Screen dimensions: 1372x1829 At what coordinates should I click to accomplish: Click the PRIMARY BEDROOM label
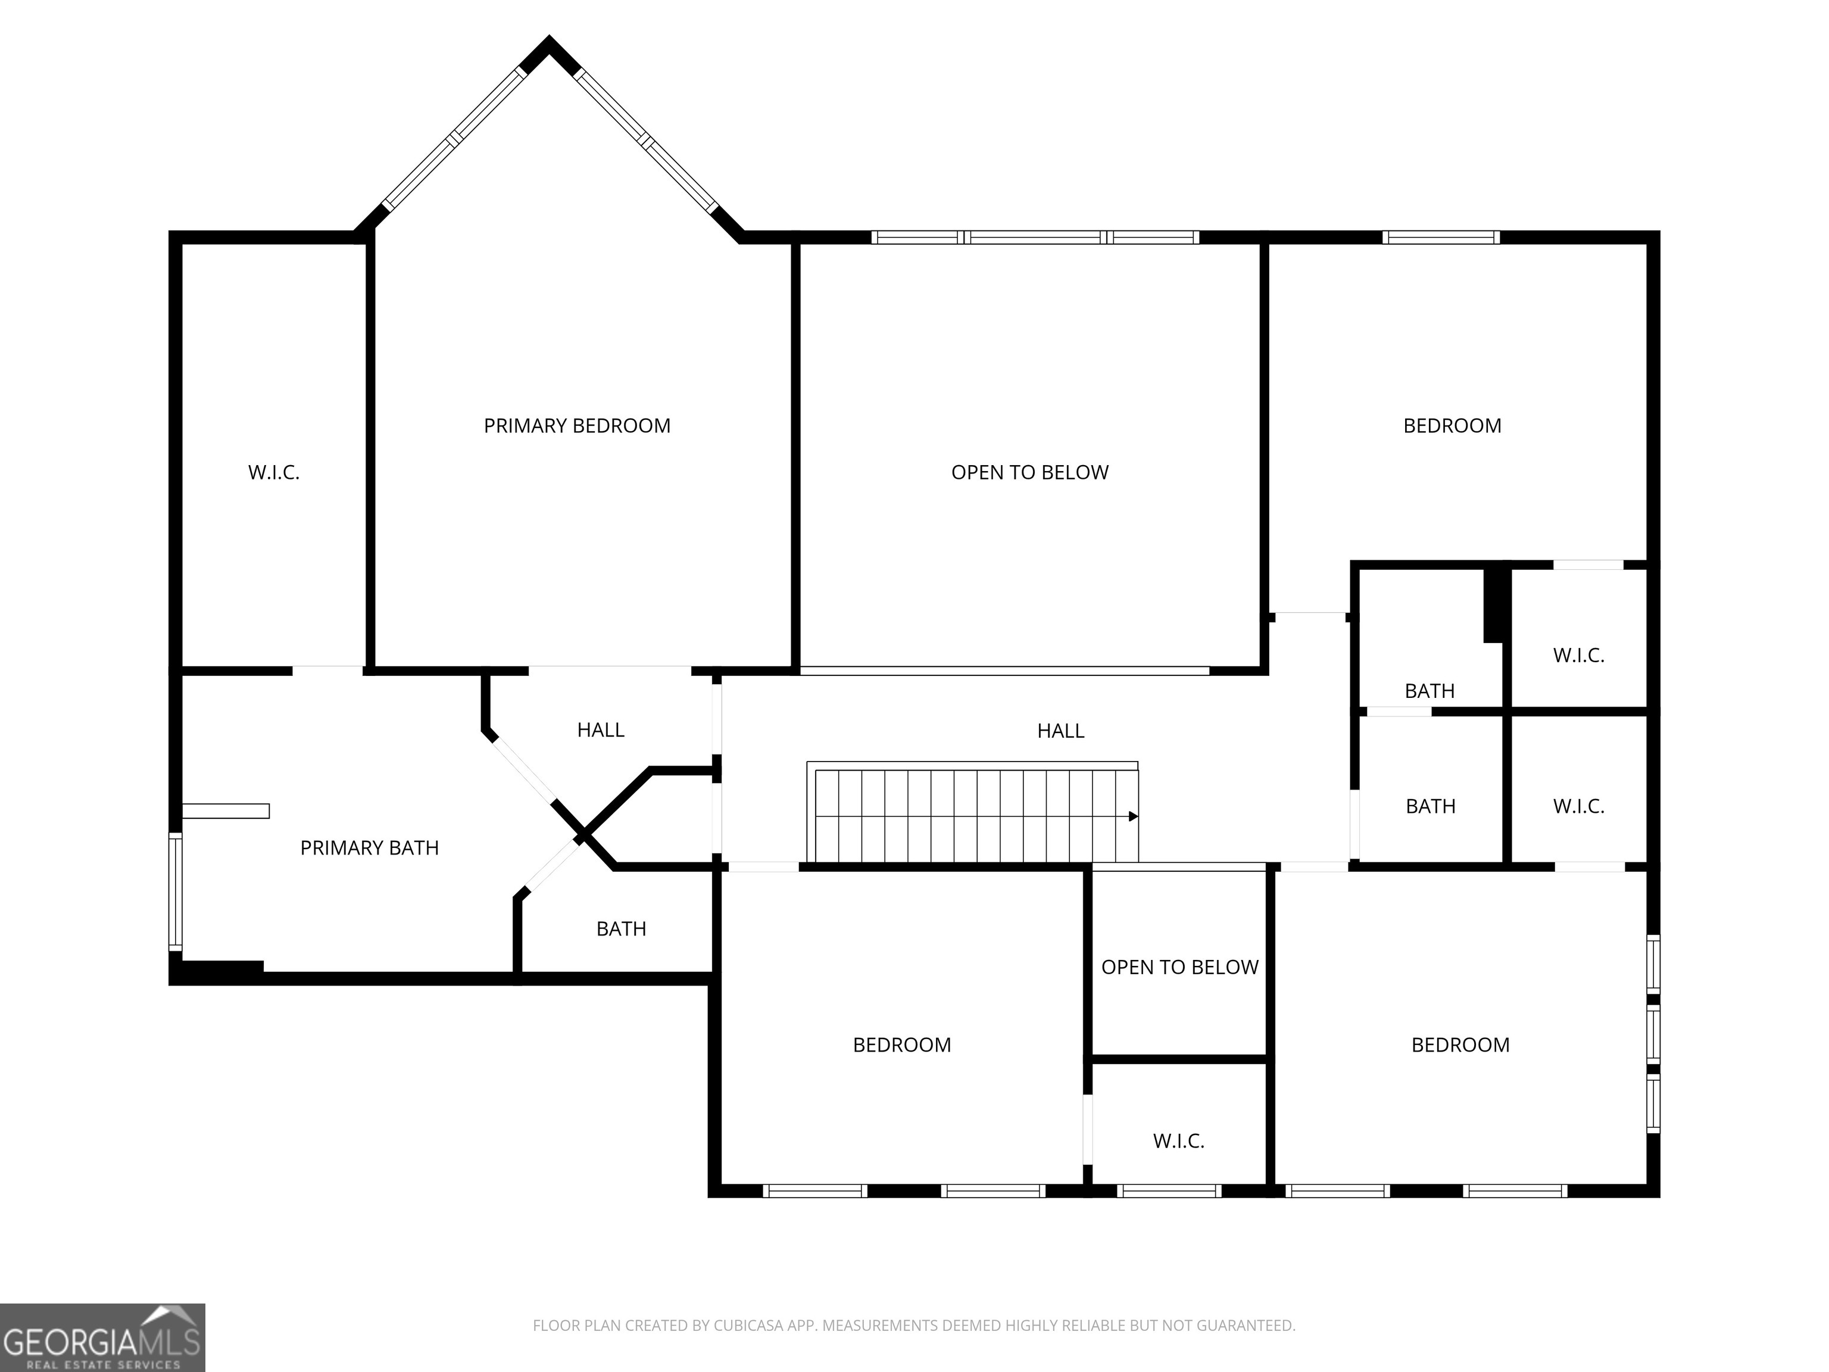[x=576, y=426]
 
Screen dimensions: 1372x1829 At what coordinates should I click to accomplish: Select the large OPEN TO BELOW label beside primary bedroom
[x=1029, y=472]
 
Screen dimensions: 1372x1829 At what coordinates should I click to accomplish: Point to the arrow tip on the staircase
[x=1134, y=816]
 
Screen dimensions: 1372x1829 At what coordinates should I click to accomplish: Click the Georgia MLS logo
[x=102, y=1337]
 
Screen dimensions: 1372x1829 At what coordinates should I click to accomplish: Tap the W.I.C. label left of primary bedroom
[x=274, y=472]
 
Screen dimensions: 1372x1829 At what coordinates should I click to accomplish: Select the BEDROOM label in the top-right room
[x=1452, y=426]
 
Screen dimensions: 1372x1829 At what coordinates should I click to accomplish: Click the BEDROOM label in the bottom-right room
[x=1460, y=1044]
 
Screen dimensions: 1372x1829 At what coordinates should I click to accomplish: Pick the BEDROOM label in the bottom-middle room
[x=901, y=1044]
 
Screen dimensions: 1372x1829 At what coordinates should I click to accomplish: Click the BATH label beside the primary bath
[x=621, y=929]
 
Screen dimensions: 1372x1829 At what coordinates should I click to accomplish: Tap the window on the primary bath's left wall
[x=175, y=891]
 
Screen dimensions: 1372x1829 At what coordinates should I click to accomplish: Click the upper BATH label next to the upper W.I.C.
[x=1429, y=691]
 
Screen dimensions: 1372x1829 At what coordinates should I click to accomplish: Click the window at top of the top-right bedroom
[x=1440, y=238]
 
